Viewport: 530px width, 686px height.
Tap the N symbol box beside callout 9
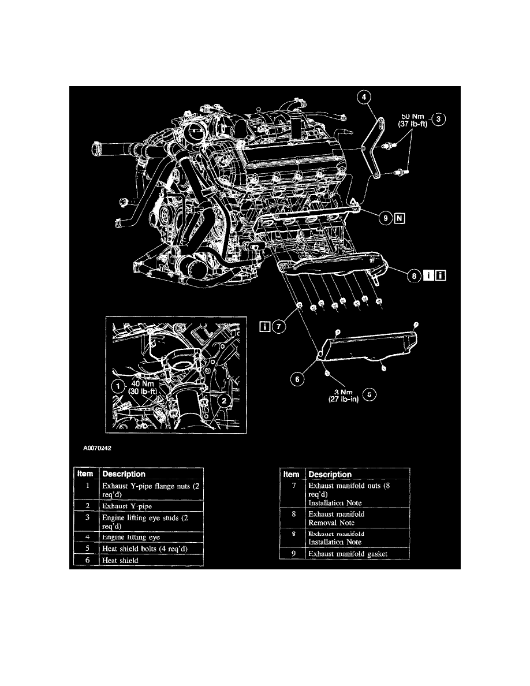400,218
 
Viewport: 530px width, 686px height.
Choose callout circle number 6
296,379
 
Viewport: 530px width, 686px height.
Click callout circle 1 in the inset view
117,385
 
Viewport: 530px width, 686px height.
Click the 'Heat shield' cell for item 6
121,560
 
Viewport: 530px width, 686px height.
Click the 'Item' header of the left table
86,474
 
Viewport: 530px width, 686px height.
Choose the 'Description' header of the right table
330,474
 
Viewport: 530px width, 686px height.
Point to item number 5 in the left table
86,547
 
